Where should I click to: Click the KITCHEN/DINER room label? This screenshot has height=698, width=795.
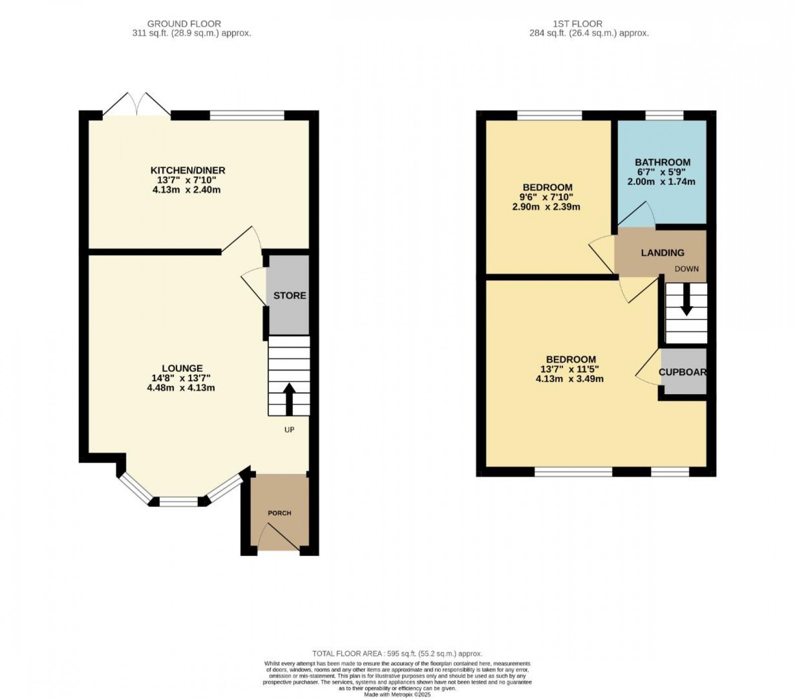coord(188,171)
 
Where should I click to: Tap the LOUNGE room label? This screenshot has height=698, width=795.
coord(182,368)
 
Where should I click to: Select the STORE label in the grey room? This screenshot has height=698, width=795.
coord(290,295)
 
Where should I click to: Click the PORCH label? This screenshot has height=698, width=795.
coord(280,513)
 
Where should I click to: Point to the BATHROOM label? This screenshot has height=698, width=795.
coord(662,162)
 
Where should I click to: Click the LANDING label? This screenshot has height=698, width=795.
coord(662,253)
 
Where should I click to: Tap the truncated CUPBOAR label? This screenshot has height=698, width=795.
coord(682,372)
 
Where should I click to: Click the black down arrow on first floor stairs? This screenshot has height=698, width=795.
coord(686,300)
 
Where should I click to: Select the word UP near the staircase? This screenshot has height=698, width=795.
coord(289,430)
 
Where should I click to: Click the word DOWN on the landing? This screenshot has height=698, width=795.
coord(686,269)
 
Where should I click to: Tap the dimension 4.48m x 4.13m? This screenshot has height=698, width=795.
coord(181,388)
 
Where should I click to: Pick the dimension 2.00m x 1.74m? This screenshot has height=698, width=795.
coord(661,181)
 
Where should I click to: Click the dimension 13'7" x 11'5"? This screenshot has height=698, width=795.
coord(571,369)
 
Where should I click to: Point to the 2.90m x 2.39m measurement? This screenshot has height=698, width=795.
coord(546,207)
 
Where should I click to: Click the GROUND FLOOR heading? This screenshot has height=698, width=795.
coord(184,23)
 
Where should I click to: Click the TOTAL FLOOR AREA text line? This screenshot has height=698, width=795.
coord(397,654)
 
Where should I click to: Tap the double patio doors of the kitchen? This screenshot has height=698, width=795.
coord(138,105)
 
